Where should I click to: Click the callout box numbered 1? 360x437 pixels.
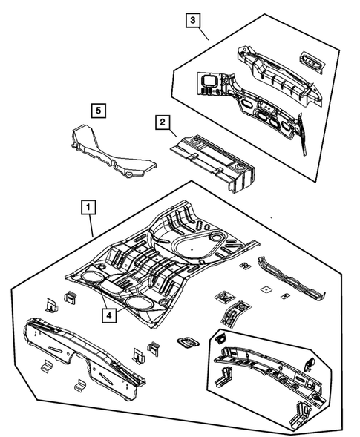pos(88,208)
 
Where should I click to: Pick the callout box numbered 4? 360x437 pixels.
pos(109,315)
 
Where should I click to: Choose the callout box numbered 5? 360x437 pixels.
pos(97,111)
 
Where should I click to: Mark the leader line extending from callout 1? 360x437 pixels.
pos(91,226)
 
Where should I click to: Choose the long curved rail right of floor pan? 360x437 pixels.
pos(292,279)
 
